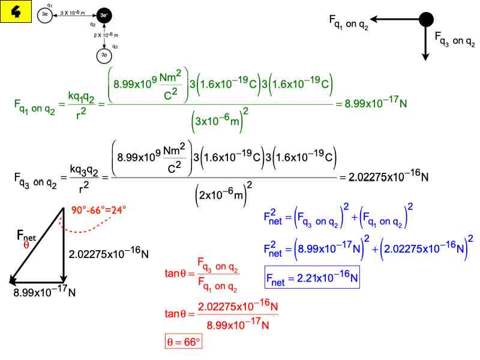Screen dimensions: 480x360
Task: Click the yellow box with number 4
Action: [16, 11]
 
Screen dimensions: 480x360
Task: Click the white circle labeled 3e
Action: [45, 14]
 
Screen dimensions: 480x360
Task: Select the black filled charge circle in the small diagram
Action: [104, 15]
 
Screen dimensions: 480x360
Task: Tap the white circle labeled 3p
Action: [104, 55]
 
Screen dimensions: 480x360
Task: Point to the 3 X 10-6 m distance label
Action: [73, 13]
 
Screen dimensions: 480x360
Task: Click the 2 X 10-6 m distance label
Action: [106, 35]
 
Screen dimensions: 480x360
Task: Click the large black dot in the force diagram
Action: [426, 19]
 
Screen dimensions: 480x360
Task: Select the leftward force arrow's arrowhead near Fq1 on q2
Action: [374, 19]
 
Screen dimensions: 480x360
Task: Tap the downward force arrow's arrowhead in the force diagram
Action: [425, 57]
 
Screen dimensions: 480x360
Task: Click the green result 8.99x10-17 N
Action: [376, 103]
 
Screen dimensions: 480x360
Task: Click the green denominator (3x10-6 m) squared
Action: [220, 120]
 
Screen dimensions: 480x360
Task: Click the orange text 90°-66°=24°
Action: [98, 210]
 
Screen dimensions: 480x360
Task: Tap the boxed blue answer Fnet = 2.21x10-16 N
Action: [312, 277]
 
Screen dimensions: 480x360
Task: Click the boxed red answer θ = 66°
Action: [184, 341]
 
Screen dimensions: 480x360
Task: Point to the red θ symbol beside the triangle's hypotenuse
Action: [26, 245]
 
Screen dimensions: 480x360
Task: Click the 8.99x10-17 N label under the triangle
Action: [44, 292]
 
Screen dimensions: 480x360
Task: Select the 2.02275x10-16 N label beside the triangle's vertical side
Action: [109, 253]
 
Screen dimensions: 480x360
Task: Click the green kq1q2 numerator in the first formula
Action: [81, 97]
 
